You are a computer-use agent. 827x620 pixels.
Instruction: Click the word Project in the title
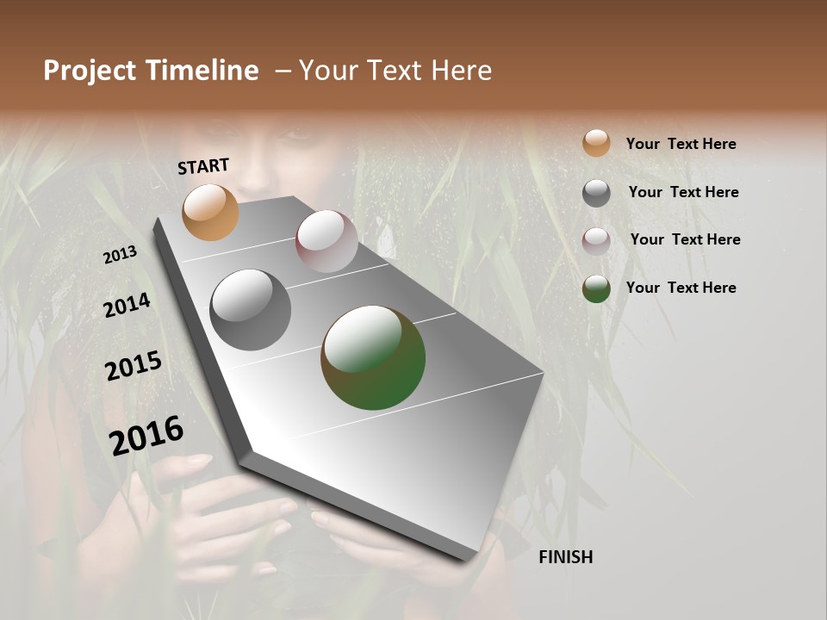(89, 71)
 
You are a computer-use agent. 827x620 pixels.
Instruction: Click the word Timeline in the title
(200, 71)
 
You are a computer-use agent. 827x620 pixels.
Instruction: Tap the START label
(203, 166)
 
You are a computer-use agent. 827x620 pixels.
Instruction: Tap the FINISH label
(565, 557)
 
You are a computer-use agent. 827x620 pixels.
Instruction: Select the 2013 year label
(120, 255)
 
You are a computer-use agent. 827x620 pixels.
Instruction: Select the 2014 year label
(127, 305)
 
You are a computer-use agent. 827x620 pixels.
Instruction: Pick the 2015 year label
(133, 366)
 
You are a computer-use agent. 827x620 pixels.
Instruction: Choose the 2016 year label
(146, 436)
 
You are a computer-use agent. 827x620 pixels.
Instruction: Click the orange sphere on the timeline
(210, 212)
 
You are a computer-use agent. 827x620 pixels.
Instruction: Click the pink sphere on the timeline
(326, 241)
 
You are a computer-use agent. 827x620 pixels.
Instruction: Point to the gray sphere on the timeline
(250, 310)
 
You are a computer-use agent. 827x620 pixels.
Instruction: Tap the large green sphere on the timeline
(373, 357)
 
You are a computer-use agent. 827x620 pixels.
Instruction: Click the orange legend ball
(596, 143)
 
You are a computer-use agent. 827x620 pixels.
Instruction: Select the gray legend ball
(596, 193)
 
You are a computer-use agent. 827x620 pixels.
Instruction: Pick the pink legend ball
(596, 240)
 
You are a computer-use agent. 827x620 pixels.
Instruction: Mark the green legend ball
(596, 288)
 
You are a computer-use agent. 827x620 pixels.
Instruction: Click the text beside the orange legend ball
(681, 144)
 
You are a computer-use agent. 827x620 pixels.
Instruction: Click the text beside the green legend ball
(681, 288)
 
